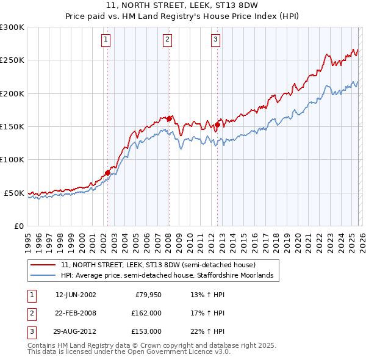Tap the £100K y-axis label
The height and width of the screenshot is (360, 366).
pos(12,160)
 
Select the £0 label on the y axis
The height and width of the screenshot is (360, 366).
pos(18,226)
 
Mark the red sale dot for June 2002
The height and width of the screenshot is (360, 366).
pos(108,173)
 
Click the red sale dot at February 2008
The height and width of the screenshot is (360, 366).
pos(169,118)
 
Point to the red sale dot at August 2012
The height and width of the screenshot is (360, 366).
pos(218,124)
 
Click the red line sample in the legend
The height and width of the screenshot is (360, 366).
pos(43,265)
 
